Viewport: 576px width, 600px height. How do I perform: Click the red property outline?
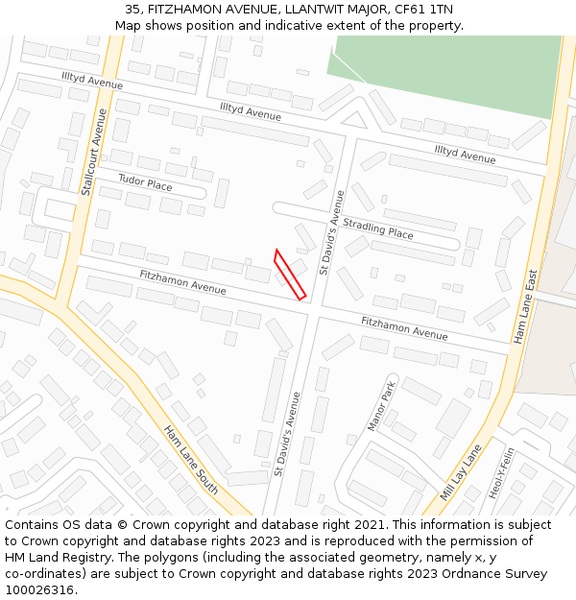290,275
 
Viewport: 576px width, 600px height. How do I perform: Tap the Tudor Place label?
145,182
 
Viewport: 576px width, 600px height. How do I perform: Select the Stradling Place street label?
378,228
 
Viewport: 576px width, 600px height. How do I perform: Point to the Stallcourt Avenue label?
93,152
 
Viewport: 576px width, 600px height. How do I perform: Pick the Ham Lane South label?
189,460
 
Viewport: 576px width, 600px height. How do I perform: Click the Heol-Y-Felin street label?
502,473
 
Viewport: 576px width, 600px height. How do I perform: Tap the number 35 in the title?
132,10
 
